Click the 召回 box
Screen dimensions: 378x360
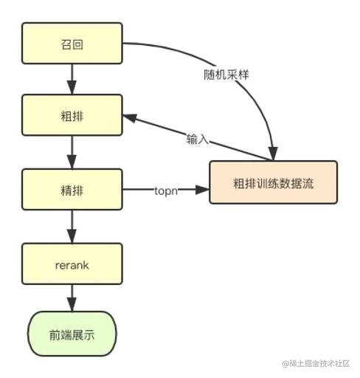(72, 44)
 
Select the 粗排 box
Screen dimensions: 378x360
(72, 117)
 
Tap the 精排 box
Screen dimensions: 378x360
(72, 190)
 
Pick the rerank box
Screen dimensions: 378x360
(72, 264)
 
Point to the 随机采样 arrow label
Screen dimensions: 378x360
(227, 75)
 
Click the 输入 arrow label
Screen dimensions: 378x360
(198, 138)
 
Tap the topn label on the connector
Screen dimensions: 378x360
(165, 190)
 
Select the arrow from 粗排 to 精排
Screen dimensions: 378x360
(72, 154)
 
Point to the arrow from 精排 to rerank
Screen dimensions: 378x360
(72, 227)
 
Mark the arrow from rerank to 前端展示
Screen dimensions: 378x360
(72, 299)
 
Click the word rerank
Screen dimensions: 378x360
(72, 264)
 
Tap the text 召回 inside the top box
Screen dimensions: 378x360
(72, 44)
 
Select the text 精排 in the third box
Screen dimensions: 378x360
(72, 190)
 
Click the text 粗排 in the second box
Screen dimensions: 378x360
(72, 117)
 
